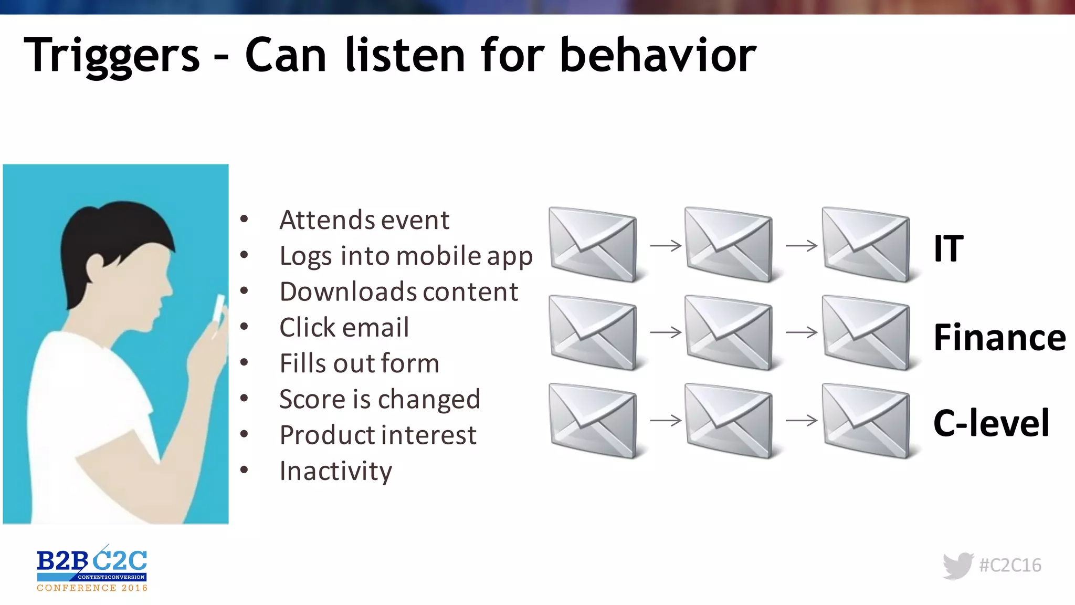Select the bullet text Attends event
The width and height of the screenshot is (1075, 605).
364,220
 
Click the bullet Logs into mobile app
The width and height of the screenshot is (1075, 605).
406,256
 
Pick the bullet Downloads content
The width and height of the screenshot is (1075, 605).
398,291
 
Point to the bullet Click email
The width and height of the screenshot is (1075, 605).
344,327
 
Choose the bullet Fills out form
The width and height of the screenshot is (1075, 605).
359,363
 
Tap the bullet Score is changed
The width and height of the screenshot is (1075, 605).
380,399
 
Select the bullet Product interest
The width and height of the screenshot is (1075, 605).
378,435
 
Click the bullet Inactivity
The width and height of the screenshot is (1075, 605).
335,471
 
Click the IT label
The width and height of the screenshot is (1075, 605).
948,248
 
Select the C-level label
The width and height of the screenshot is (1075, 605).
991,423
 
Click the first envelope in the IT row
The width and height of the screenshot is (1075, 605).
593,245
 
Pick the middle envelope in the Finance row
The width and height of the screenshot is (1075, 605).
729,333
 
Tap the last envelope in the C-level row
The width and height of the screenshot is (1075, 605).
866,421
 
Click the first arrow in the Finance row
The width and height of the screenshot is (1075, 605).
666,332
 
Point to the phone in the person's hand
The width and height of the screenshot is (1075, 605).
218,310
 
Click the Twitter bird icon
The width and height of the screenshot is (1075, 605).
958,566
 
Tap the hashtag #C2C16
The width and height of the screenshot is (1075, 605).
1010,565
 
